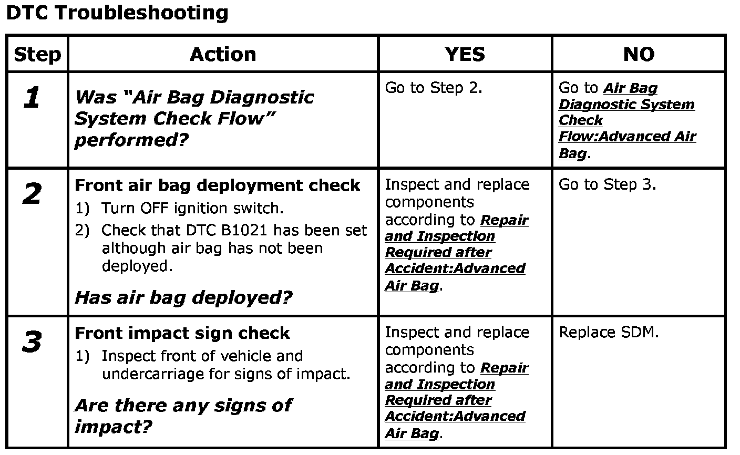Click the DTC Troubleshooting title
tap(117, 13)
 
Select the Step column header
tap(37, 54)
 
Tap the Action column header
tap(223, 54)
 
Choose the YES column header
tap(465, 54)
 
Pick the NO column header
tap(639, 54)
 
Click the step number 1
tap(32, 98)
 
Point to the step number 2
tap(32, 195)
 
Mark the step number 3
tap(32, 343)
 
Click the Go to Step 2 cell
tap(434, 88)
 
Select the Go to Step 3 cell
tap(607, 184)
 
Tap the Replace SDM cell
tap(608, 332)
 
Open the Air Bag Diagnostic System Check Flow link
tap(627, 121)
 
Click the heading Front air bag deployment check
tap(218, 185)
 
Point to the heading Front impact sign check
tap(182, 333)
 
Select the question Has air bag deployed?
tap(183, 297)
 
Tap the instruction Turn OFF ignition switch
tap(192, 208)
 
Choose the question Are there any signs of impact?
tap(183, 415)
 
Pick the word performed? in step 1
tap(131, 140)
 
